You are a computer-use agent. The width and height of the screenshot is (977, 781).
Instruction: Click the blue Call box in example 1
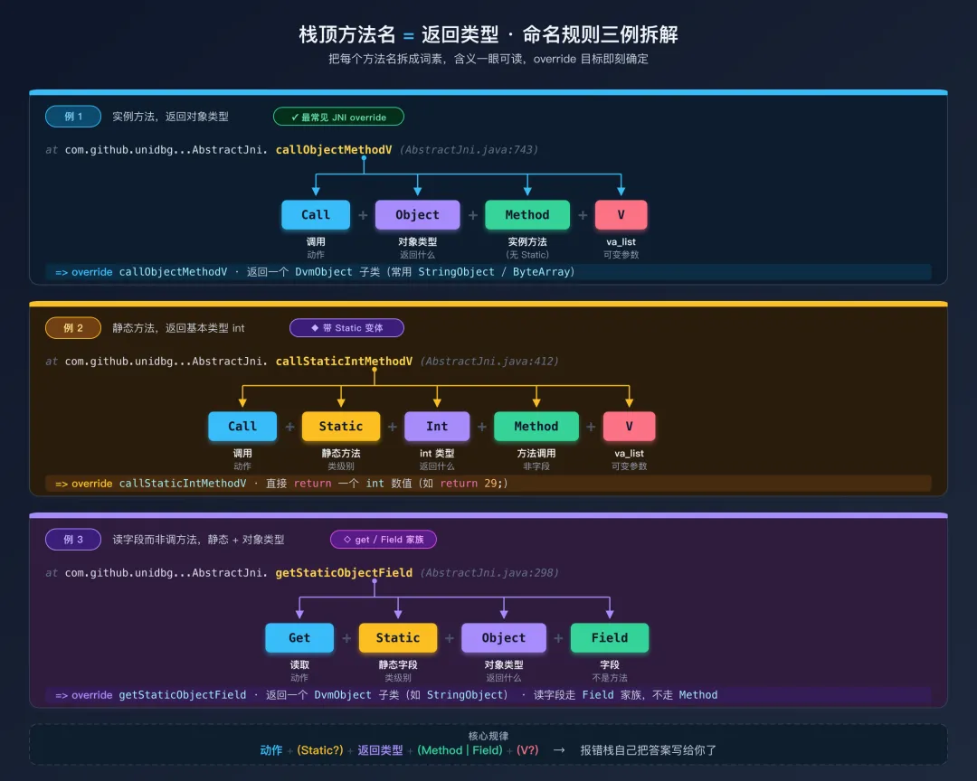coord(316,215)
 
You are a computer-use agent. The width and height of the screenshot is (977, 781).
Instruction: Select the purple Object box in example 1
coord(417,215)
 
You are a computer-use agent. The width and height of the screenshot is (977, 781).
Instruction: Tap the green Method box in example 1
coord(527,215)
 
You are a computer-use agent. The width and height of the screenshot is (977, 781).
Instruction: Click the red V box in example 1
coord(621,215)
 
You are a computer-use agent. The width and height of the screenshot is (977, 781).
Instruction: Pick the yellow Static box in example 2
coord(341,427)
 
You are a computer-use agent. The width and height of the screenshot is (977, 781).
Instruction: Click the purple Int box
coord(437,427)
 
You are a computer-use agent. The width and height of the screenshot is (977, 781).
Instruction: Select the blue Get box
coord(299,638)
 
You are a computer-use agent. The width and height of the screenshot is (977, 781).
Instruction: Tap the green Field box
coord(610,638)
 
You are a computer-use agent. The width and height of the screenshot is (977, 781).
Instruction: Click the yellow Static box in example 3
coord(398,638)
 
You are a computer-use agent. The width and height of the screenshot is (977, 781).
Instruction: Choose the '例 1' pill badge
coord(73,117)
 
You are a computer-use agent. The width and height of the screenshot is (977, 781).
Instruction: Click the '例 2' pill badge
coord(73,328)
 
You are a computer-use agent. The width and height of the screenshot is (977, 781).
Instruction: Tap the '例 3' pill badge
coord(73,540)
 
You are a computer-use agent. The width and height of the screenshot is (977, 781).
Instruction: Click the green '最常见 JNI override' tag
coord(338,117)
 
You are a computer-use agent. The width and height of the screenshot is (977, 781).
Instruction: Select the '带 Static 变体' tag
coord(346,328)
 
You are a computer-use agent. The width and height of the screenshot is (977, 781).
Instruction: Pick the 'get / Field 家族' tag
coord(384,540)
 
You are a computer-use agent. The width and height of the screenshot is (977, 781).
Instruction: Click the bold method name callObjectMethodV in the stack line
coord(335,150)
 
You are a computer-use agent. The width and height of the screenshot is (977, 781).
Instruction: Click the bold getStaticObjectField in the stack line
coord(344,573)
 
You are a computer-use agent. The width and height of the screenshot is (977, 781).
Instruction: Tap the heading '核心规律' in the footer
coord(488,736)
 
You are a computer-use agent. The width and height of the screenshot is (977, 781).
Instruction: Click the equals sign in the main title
coord(409,35)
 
